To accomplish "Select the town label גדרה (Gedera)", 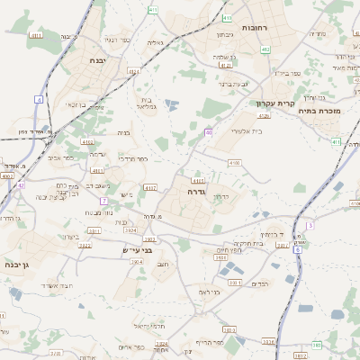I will [x=198, y=191].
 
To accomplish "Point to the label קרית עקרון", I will [x=269, y=103].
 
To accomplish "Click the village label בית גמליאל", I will [x=149, y=103].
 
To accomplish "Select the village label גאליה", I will [x=155, y=42].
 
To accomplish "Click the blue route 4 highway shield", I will [x=40, y=98].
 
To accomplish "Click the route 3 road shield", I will [x=310, y=225].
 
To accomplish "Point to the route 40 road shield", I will [x=208, y=132].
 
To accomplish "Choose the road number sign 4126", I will [x=264, y=115].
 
